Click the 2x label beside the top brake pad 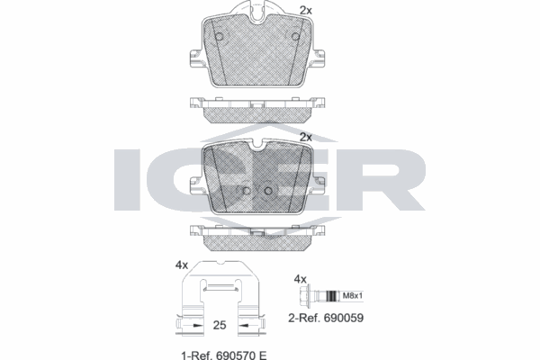tap(305, 10)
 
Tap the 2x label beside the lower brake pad tap(305, 137)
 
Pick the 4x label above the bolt tap(302, 279)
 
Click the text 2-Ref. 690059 tap(325, 318)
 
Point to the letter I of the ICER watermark tap(129, 179)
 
